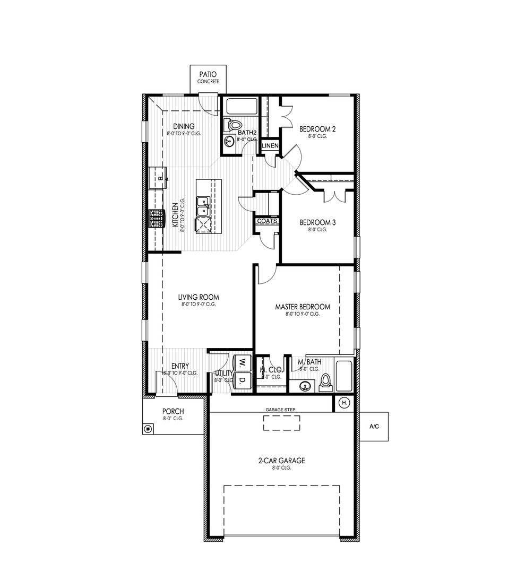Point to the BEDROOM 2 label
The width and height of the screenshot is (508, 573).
(317, 129)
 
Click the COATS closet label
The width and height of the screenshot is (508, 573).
(267, 221)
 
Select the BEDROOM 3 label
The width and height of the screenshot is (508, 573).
(317, 223)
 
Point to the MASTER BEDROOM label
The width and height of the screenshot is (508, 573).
(303, 307)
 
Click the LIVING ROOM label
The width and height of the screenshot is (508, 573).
(199, 298)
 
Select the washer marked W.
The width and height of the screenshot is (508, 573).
(242, 363)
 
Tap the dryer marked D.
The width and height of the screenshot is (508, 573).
(242, 380)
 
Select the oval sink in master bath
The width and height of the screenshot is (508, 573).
(305, 386)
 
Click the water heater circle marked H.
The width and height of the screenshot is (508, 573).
(344, 403)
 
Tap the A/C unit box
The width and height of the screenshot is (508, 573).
(375, 427)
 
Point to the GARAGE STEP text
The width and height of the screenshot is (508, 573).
(280, 410)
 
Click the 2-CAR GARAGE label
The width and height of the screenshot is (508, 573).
(281, 461)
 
